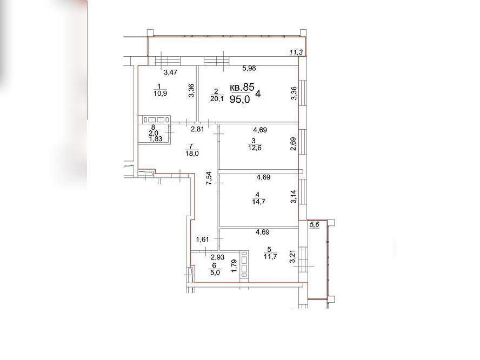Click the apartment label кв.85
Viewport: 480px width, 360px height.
click(x=242, y=88)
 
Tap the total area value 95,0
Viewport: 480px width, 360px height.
click(x=239, y=99)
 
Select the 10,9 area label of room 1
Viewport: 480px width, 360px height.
click(x=160, y=94)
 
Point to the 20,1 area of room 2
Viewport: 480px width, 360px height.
click(x=217, y=98)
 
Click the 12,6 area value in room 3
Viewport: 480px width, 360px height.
click(x=255, y=148)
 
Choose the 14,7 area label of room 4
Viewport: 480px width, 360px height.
click(x=258, y=202)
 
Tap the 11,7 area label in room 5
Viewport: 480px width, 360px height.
click(x=270, y=257)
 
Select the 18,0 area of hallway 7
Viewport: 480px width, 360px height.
click(x=192, y=154)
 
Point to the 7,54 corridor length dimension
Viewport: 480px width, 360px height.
click(x=209, y=178)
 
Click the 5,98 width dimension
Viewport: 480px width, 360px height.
click(x=249, y=68)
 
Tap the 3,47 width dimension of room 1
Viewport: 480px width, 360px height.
click(x=170, y=72)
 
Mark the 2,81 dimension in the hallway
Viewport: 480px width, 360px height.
click(x=197, y=129)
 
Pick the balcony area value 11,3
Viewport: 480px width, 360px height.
click(x=296, y=52)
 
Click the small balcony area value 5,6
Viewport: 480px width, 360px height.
click(x=315, y=225)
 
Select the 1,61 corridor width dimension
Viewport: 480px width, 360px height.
click(x=202, y=239)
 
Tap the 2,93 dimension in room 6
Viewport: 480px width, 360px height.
click(x=217, y=257)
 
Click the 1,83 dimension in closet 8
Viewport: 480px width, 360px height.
click(x=156, y=139)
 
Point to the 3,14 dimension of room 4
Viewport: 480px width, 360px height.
click(x=294, y=197)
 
